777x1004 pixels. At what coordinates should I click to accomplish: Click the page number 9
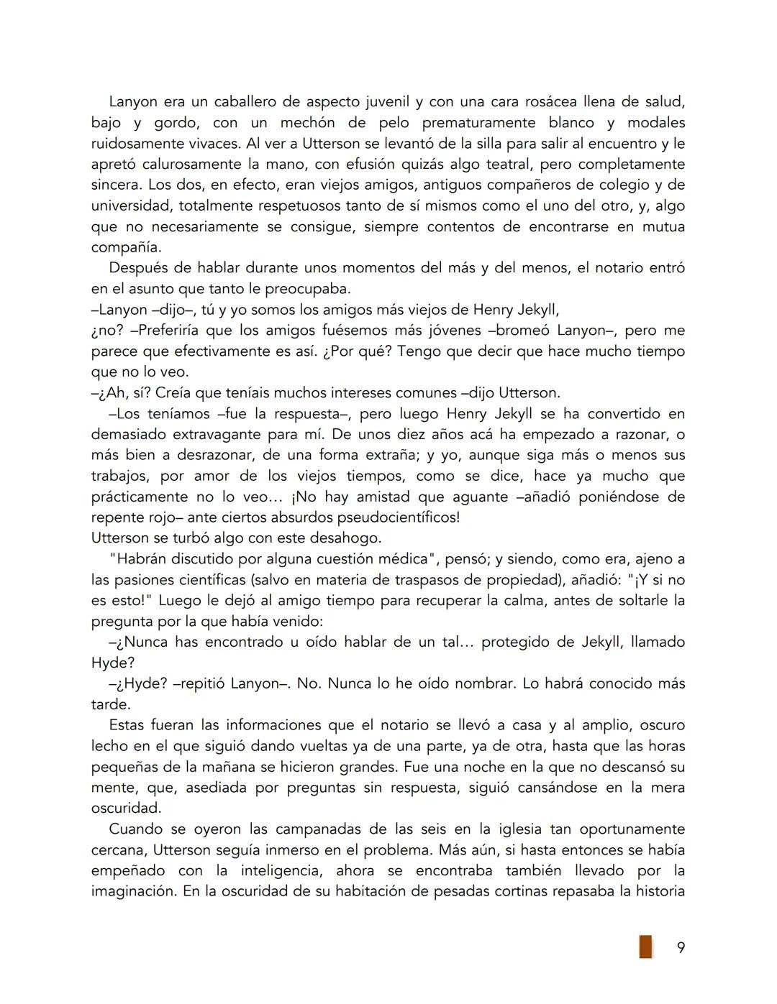tap(681, 947)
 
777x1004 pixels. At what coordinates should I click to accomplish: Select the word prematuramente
tap(475, 122)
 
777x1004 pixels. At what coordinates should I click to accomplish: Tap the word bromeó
tap(523, 331)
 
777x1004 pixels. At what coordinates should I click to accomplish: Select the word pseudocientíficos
tap(394, 517)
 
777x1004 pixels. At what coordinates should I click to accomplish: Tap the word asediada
tap(216, 788)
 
